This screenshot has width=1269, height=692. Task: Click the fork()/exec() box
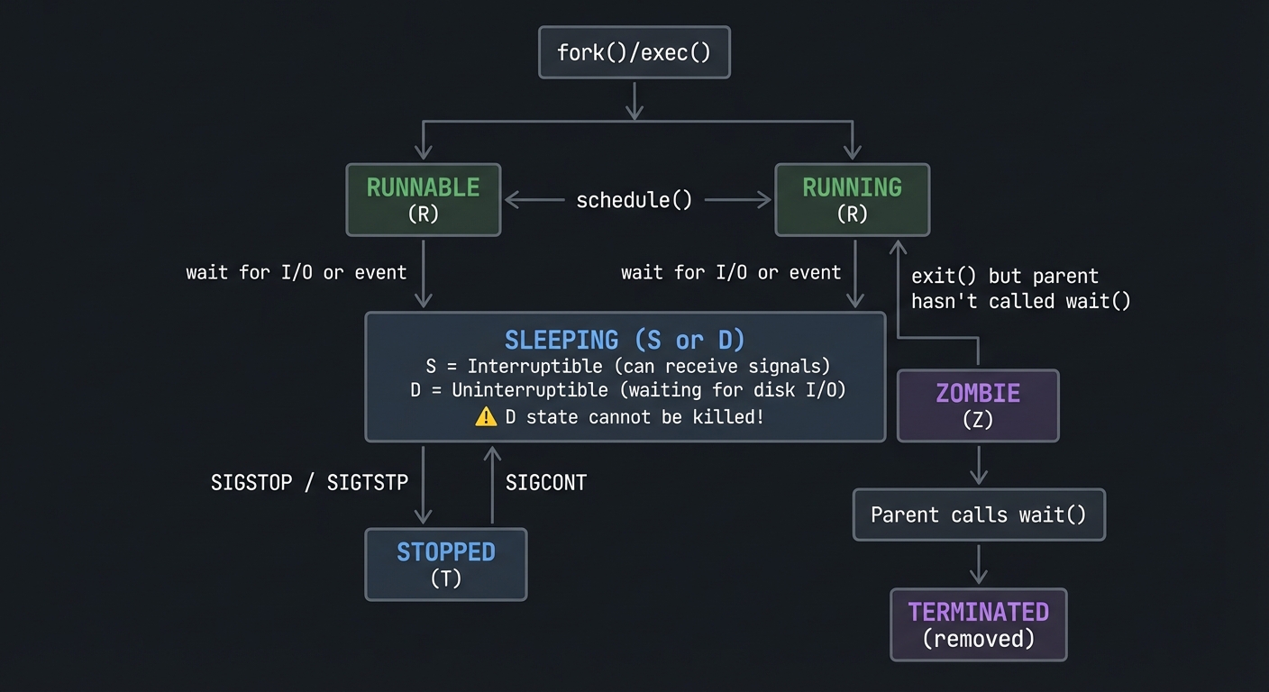coord(634,52)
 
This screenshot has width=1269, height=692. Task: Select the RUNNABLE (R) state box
coord(423,200)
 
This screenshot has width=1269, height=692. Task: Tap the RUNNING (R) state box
coord(852,200)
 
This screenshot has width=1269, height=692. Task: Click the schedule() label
coord(634,200)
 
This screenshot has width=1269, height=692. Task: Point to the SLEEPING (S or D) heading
coord(625,340)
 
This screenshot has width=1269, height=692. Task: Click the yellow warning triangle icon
coord(486,416)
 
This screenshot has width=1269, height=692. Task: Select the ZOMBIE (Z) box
coord(978,405)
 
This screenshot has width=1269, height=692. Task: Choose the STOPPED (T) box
coord(445,564)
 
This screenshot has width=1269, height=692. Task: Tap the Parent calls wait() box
coord(978,514)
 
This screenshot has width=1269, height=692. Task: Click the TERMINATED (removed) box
coord(978,624)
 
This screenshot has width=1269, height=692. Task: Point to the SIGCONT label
coord(545,483)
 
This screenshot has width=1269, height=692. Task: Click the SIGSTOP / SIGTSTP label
coord(309,483)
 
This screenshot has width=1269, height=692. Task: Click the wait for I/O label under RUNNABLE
coord(296,272)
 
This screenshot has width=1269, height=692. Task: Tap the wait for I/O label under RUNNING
coord(731,272)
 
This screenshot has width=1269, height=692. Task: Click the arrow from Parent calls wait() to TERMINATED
coord(978,564)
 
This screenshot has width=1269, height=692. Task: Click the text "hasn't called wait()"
coord(1020,301)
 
